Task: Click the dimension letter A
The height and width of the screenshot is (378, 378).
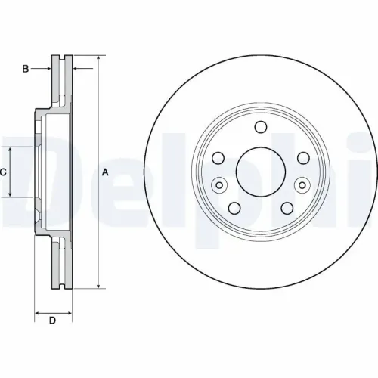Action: click(106, 173)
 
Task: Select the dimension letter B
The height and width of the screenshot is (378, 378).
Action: click(25, 70)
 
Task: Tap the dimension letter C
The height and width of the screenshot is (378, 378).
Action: click(3, 172)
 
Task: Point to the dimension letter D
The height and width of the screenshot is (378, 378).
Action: click(52, 321)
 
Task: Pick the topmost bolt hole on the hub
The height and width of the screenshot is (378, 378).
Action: click(261, 127)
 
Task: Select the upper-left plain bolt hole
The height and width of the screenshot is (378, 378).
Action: click(218, 158)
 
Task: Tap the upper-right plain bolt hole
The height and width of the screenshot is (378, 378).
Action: click(303, 158)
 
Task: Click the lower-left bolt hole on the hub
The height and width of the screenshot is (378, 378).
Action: click(234, 208)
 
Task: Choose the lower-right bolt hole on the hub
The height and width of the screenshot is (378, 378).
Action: click(287, 208)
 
